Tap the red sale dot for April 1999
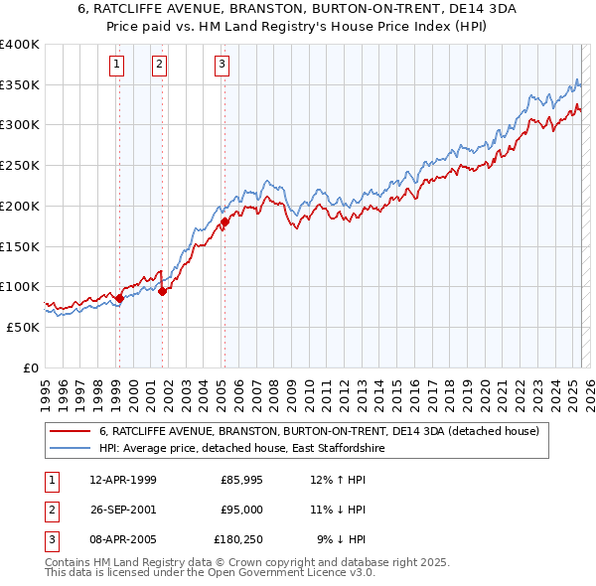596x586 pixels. [x=119, y=297]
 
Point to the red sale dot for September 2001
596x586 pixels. [x=162, y=291]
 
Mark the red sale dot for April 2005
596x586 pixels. [x=224, y=221]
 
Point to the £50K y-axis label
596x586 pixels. [x=23, y=327]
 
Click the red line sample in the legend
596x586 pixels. [x=70, y=432]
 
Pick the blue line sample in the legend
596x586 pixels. [x=70, y=448]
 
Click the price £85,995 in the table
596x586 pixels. [x=241, y=480]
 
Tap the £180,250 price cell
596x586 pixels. [x=237, y=540]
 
